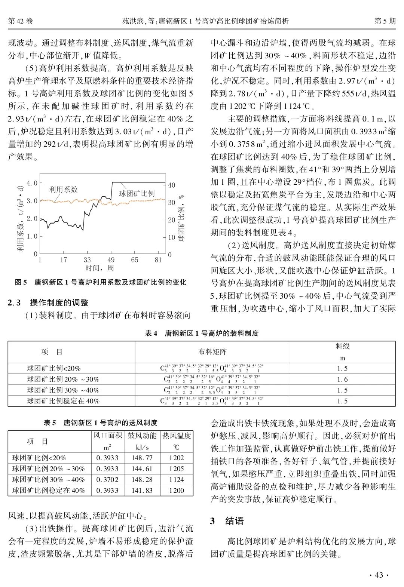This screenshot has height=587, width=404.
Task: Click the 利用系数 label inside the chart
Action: click(x=63, y=190)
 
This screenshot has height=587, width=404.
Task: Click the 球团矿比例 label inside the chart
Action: click(x=137, y=193)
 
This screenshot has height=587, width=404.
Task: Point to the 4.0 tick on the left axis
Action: click(x=32, y=183)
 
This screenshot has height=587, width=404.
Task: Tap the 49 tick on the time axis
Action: click(x=111, y=260)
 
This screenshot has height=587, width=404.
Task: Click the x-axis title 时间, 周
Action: click(x=100, y=268)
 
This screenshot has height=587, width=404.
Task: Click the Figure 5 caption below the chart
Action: click(x=100, y=282)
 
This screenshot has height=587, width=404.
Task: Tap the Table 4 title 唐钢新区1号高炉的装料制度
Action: click(x=202, y=333)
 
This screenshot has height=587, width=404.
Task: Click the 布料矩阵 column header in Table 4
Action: click(x=212, y=352)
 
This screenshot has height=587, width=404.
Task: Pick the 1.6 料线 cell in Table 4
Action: click(x=342, y=379)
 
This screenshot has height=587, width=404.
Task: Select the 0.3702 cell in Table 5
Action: click(x=107, y=479)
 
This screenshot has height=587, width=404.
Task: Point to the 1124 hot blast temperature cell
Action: click(x=176, y=479)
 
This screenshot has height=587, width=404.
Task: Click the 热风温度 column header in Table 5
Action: click(x=177, y=436)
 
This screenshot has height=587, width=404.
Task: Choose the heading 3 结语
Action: click(x=227, y=521)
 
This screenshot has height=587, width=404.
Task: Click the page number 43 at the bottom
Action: click(x=379, y=575)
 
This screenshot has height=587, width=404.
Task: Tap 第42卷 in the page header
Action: click(x=21, y=21)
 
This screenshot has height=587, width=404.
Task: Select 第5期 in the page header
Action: click(x=385, y=21)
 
